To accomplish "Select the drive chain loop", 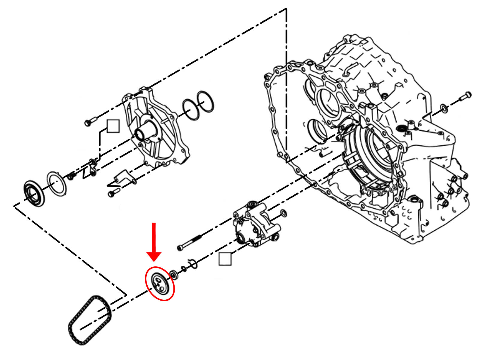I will (x=89, y=320).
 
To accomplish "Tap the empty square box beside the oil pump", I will (x=225, y=259).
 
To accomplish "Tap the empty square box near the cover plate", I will (x=113, y=126).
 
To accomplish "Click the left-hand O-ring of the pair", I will (x=191, y=109).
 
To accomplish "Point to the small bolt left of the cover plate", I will (x=90, y=121).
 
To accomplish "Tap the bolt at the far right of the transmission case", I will (x=465, y=96).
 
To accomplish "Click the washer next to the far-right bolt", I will (x=444, y=108).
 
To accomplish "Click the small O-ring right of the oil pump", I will (x=283, y=213).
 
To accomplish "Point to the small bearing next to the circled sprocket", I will (x=174, y=274).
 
